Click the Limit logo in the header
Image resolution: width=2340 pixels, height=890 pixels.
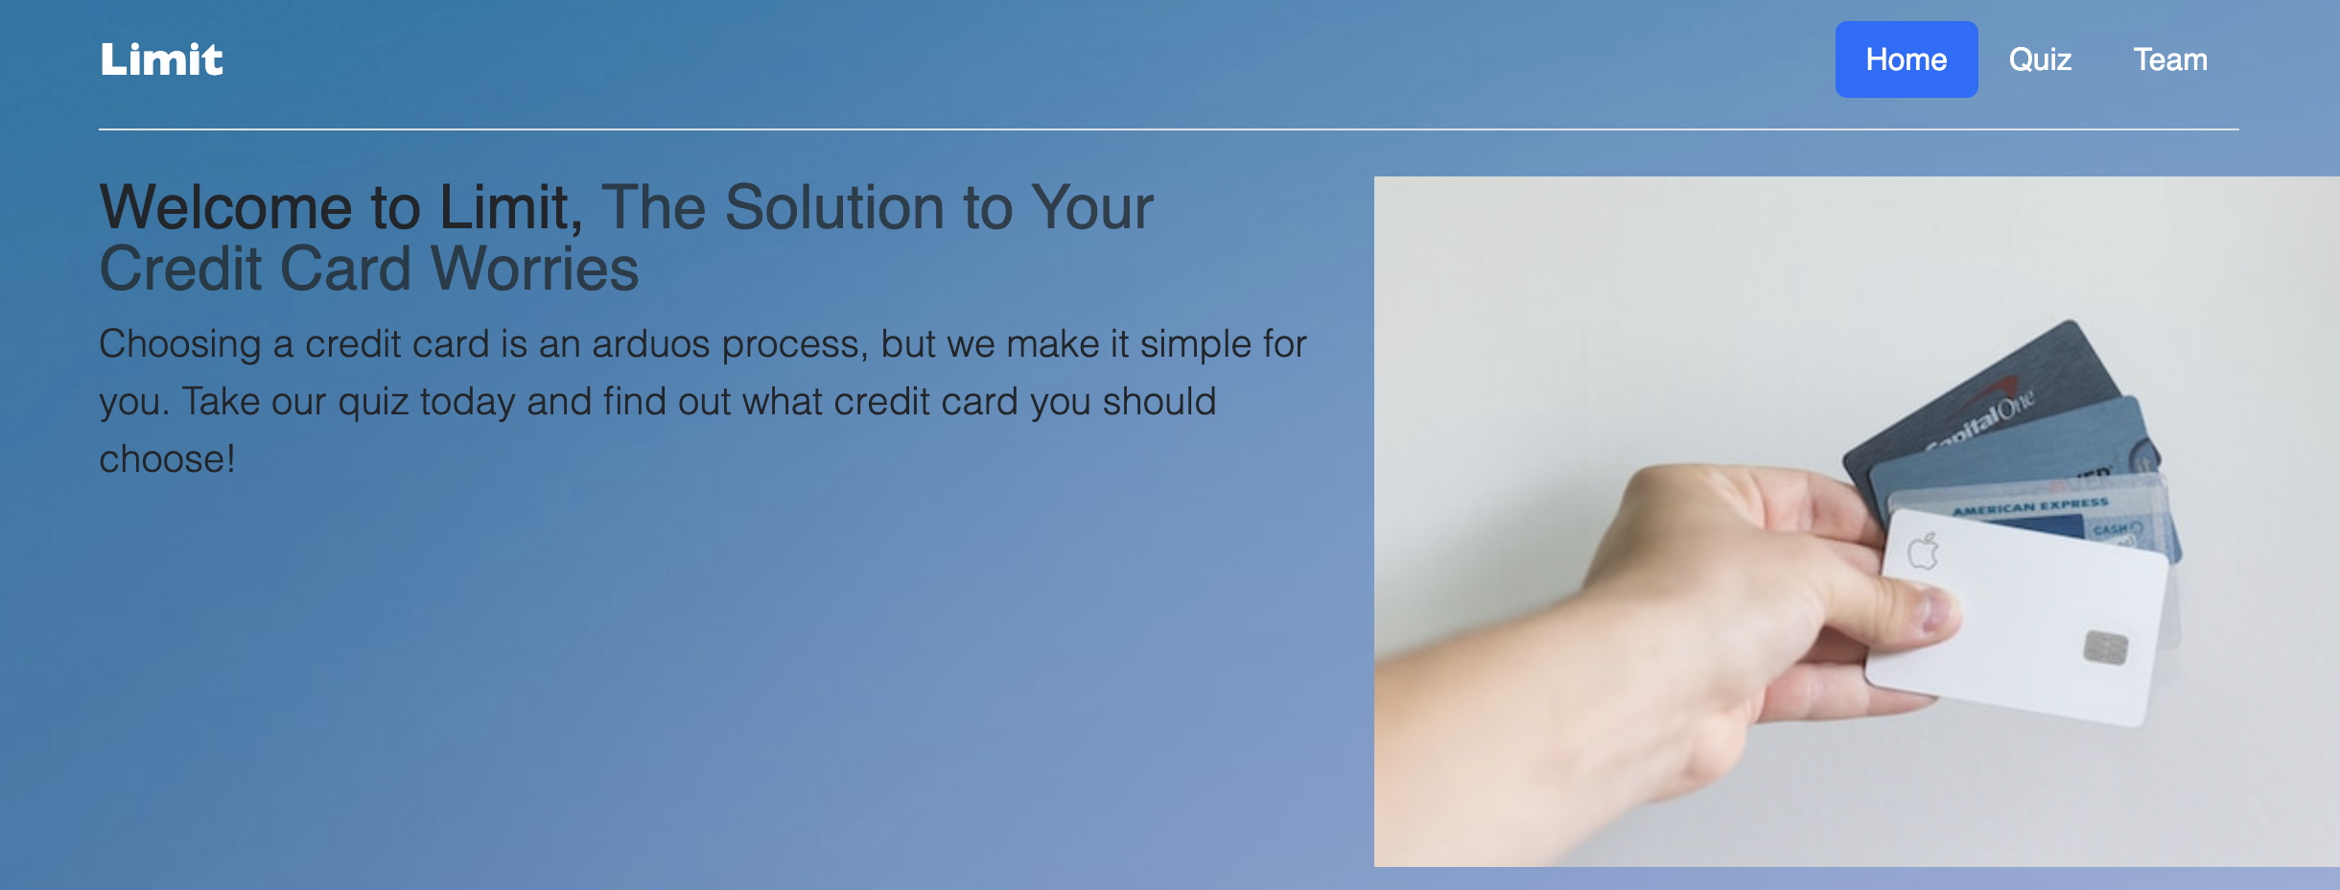pyautogui.click(x=161, y=59)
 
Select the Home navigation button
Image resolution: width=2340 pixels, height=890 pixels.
pyautogui.click(x=1907, y=59)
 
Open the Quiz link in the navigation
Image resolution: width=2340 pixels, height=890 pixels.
pyautogui.click(x=2040, y=59)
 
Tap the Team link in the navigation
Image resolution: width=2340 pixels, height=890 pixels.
pyautogui.click(x=2170, y=59)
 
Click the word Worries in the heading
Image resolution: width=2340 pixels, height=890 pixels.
pyautogui.click(x=535, y=269)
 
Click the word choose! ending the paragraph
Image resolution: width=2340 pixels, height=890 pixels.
pyautogui.click(x=168, y=459)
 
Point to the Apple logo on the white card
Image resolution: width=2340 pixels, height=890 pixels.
pyautogui.click(x=1923, y=551)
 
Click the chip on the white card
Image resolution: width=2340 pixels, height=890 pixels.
pyautogui.click(x=2106, y=648)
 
